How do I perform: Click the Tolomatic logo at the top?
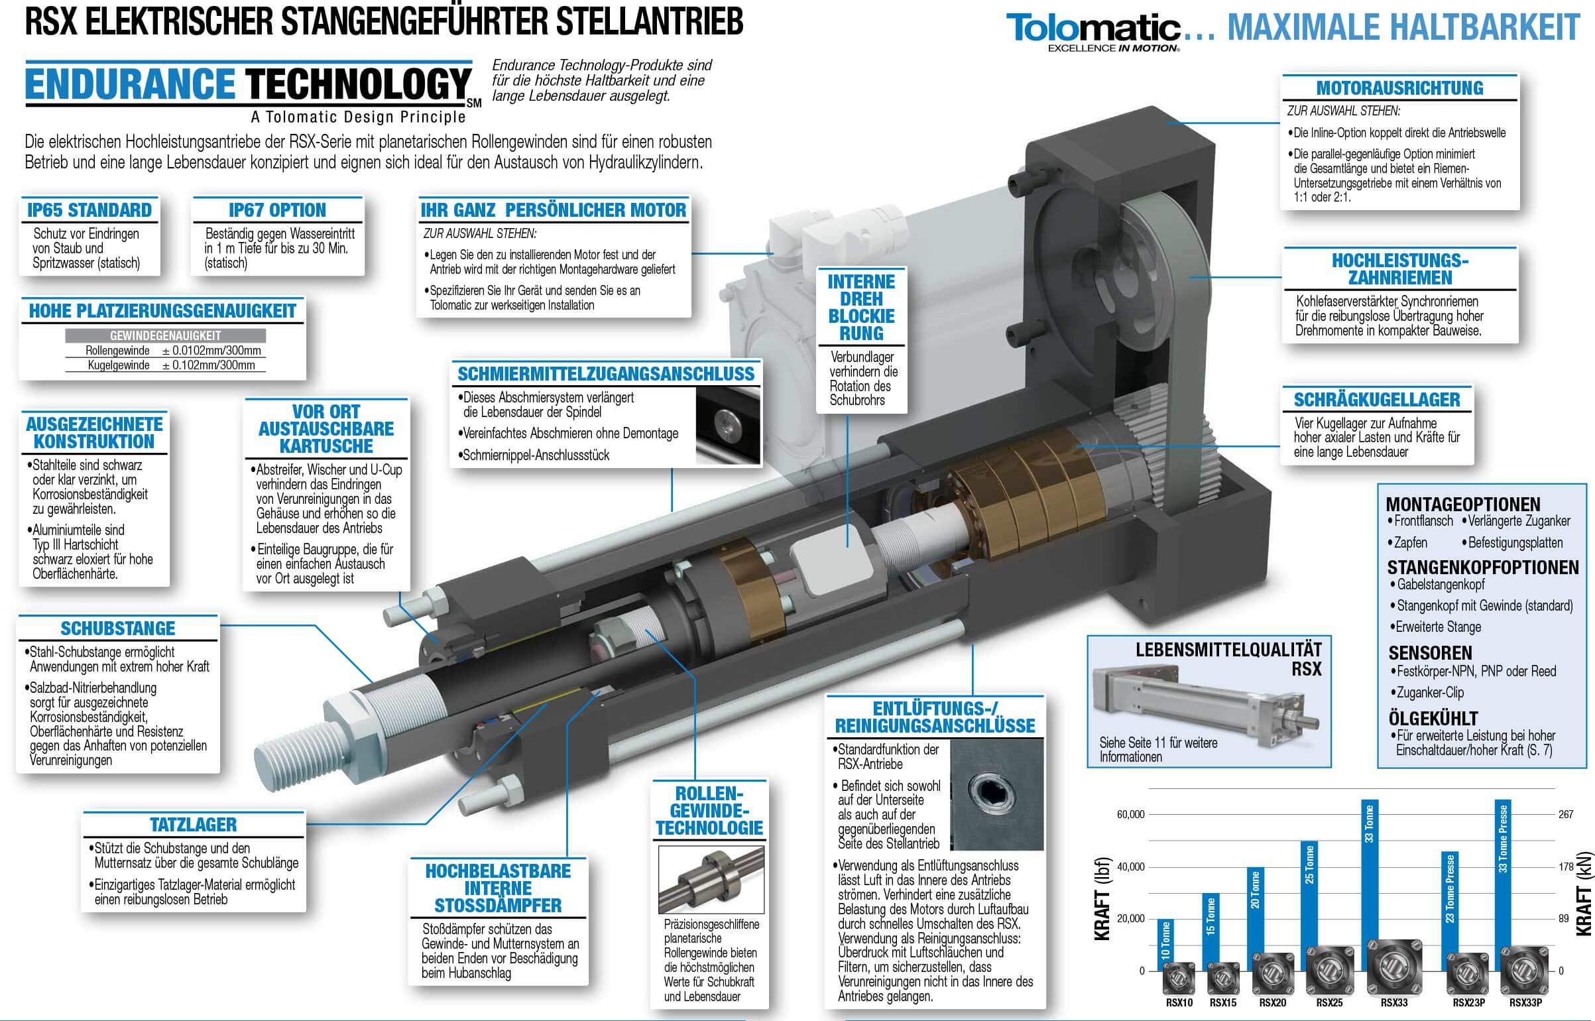(x=1093, y=32)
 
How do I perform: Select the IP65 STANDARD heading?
(x=89, y=210)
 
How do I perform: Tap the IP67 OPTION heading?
(x=277, y=210)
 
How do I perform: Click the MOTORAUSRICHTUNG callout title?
(x=1399, y=88)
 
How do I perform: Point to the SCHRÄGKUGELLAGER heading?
(x=1376, y=400)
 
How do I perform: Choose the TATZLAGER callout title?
(x=193, y=825)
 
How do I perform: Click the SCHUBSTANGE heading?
(x=118, y=629)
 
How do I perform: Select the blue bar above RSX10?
(x=1166, y=941)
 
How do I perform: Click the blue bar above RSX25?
(x=1309, y=894)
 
